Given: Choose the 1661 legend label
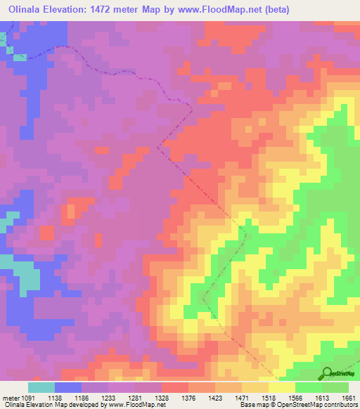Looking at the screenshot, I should coord(349,397).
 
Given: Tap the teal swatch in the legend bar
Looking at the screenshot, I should coord(41,387).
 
